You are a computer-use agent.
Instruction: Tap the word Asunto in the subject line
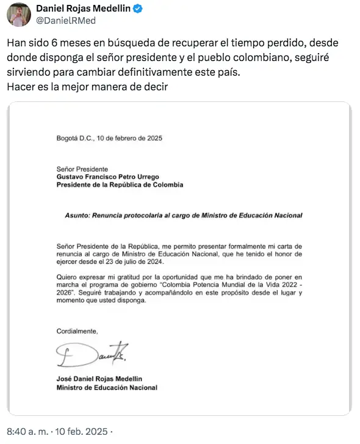coord(77,216)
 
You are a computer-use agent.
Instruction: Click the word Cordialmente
coord(77,331)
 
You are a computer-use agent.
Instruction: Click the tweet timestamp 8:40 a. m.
coord(27,432)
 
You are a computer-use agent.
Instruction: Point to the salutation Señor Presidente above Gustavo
coord(82,169)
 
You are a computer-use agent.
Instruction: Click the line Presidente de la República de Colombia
coord(120,184)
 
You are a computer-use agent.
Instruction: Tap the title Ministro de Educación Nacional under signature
coord(107,387)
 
